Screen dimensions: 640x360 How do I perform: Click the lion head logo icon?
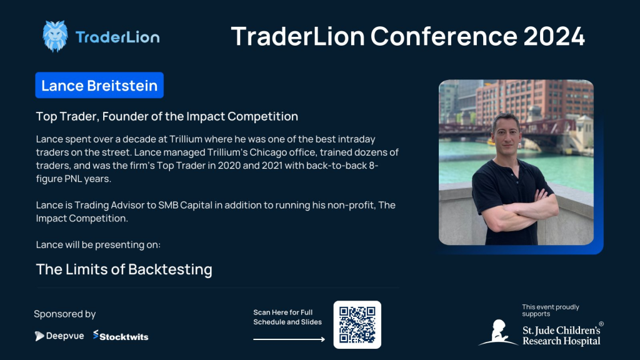(x=55, y=36)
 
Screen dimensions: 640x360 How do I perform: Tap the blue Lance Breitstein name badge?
(x=99, y=85)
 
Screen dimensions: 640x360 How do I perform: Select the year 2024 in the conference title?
(x=554, y=36)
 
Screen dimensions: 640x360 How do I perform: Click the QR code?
(x=357, y=325)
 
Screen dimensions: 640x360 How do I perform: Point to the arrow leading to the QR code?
(x=289, y=339)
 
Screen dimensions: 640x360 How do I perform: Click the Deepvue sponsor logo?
(x=59, y=336)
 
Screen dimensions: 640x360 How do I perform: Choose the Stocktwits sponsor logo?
(x=121, y=336)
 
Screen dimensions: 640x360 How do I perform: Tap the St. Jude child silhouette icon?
(x=498, y=332)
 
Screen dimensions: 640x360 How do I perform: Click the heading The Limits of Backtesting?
(x=124, y=269)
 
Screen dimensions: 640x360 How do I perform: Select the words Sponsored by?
(x=65, y=314)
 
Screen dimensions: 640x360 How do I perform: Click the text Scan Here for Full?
(x=283, y=312)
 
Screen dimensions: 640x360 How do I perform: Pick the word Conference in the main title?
(x=444, y=36)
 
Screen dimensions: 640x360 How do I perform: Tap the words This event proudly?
(x=551, y=307)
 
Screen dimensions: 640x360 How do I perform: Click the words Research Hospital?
(x=562, y=341)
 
